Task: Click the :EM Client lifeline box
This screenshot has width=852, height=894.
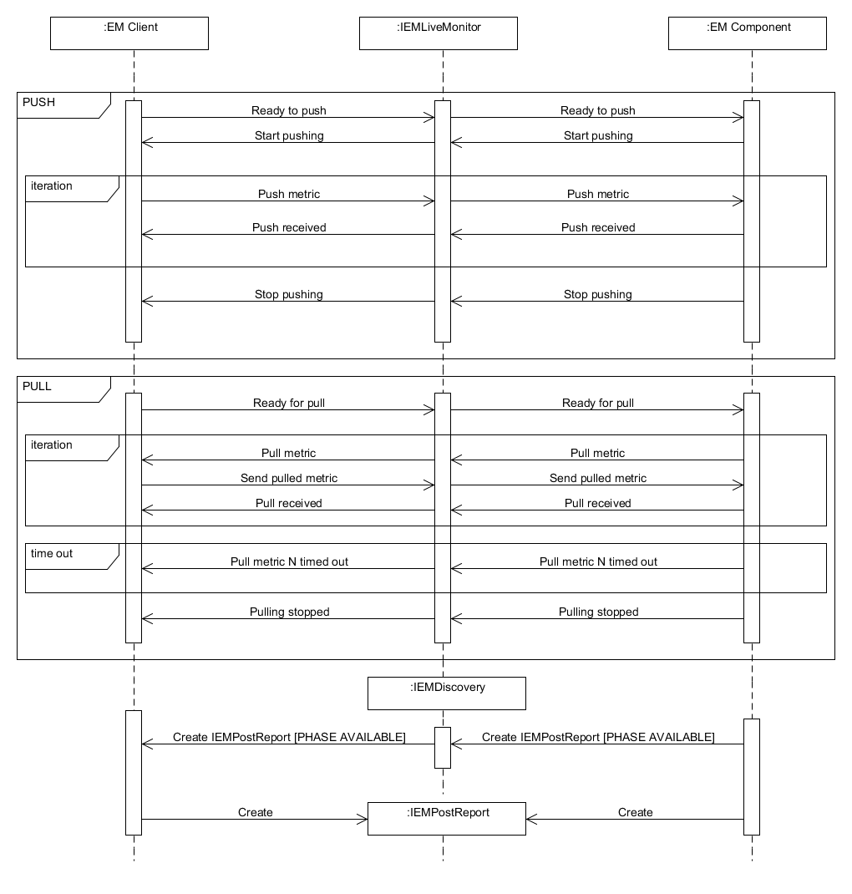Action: click(129, 33)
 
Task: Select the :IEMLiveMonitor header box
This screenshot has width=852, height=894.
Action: click(439, 33)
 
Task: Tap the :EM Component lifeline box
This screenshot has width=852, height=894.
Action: click(747, 33)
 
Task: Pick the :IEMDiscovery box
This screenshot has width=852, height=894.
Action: click(447, 693)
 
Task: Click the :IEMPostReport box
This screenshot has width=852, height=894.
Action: click(447, 819)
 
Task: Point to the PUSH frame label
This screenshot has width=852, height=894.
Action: click(38, 102)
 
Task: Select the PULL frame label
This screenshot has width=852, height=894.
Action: click(37, 386)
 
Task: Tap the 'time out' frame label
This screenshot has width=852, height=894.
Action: click(52, 553)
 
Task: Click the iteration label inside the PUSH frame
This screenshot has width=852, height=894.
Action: click(52, 185)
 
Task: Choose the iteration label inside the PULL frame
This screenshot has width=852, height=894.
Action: click(52, 444)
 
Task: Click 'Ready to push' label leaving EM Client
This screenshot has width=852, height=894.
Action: click(289, 110)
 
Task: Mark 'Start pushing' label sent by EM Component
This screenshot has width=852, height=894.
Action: click(598, 135)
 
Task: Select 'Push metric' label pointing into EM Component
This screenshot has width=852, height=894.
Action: click(598, 194)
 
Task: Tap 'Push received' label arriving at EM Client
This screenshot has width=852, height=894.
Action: click(290, 227)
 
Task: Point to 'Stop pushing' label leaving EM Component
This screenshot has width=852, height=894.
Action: click(598, 294)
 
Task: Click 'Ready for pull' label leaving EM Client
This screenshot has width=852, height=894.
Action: click(289, 403)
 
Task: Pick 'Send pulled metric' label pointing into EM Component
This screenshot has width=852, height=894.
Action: click(598, 479)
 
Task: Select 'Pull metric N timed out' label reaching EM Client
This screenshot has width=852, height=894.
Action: click(290, 561)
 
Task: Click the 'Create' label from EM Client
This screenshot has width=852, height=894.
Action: click(256, 812)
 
